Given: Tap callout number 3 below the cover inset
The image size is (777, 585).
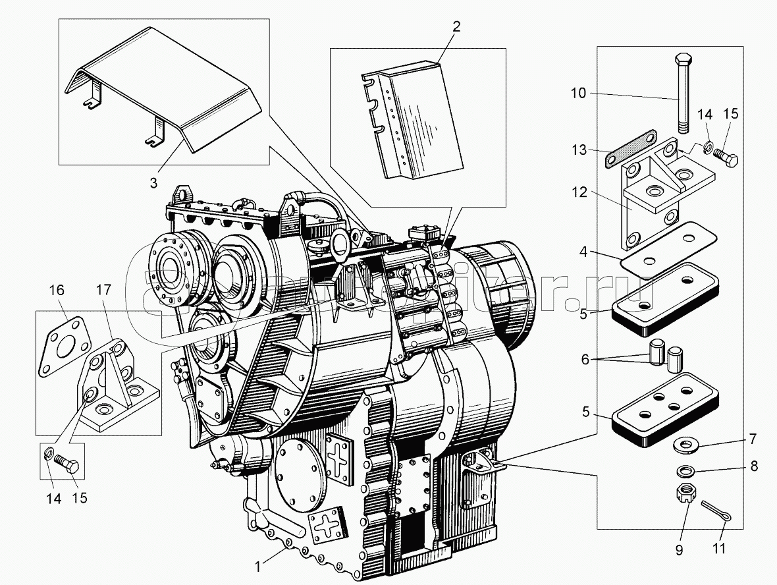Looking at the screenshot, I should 153,183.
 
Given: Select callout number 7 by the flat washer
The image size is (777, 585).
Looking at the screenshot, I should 751,439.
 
